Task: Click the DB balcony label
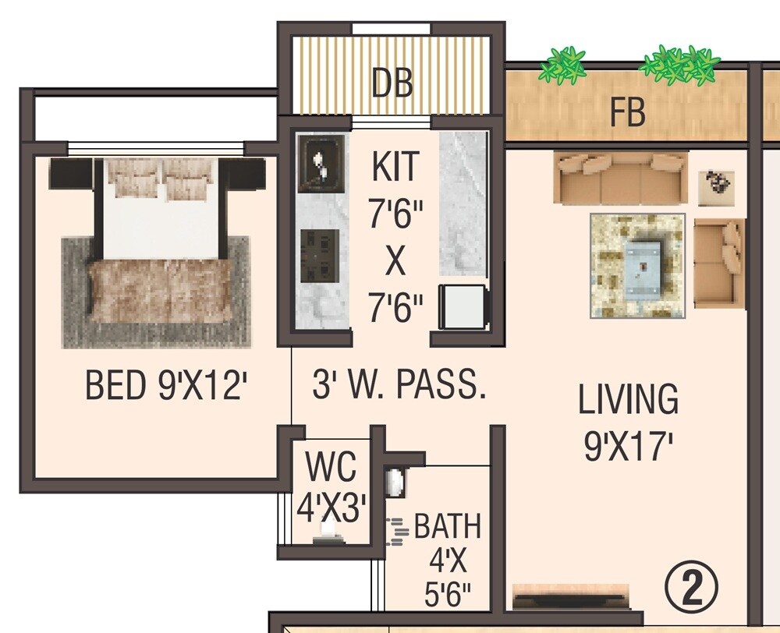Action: click(x=392, y=83)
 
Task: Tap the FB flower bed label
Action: click(x=628, y=113)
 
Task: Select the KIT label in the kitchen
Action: click(x=395, y=168)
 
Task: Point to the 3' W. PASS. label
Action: click(x=399, y=386)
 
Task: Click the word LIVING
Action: click(x=628, y=400)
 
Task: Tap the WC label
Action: click(x=331, y=468)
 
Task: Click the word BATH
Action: click(x=448, y=527)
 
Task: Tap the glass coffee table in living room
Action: click(x=641, y=265)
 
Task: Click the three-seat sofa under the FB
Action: click(x=621, y=178)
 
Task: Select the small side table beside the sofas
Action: click(x=716, y=188)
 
